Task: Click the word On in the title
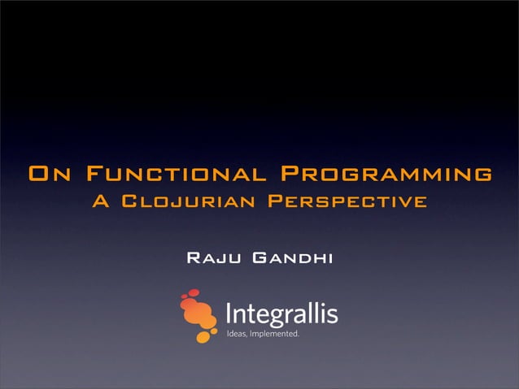pyautogui.click(x=50, y=175)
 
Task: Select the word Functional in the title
pyautogui.click(x=175, y=175)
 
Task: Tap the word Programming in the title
pyautogui.click(x=386, y=175)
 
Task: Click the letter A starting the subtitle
pyautogui.click(x=102, y=201)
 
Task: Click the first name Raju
pyautogui.click(x=214, y=259)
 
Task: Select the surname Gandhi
pyautogui.click(x=293, y=259)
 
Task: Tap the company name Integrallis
pyautogui.click(x=281, y=313)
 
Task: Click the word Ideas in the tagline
pyautogui.click(x=237, y=333)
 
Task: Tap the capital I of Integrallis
pyautogui.click(x=228, y=313)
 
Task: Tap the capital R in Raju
pyautogui.click(x=194, y=259)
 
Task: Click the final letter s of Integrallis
pyautogui.click(x=332, y=315)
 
